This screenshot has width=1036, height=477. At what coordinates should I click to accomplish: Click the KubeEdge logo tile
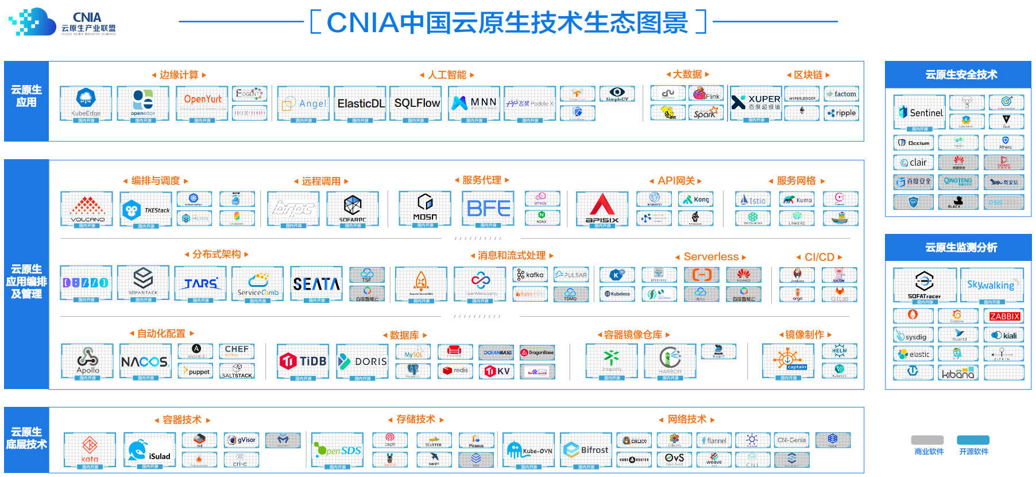[86, 103]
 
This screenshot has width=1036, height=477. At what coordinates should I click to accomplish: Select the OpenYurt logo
[202, 103]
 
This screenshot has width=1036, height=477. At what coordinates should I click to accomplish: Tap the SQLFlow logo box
[416, 103]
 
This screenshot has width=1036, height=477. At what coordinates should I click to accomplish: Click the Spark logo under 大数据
[705, 113]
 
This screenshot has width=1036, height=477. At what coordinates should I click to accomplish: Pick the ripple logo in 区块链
[842, 113]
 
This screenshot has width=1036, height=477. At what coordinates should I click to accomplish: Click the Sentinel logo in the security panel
[920, 113]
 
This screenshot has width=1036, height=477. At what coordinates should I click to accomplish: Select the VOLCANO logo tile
[87, 209]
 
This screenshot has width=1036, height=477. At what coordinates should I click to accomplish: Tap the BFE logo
[488, 208]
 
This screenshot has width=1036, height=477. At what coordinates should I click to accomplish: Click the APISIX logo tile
[602, 209]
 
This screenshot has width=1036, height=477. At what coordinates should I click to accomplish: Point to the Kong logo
[695, 199]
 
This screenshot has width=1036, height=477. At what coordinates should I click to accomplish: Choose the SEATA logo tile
[316, 283]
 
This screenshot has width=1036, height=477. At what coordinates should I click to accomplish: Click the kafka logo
[530, 275]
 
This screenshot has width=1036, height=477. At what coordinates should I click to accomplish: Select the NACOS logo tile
[145, 361]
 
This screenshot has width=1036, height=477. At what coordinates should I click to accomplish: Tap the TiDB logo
[303, 361]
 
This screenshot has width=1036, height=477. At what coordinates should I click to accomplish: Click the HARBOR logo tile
[670, 360]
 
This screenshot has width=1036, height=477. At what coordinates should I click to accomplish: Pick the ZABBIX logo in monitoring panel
[1004, 316]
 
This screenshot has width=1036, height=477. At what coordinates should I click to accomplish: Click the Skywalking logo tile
[991, 284]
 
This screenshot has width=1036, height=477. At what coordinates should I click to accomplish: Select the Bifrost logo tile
[586, 450]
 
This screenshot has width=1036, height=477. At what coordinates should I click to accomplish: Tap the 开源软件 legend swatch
[973, 440]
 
